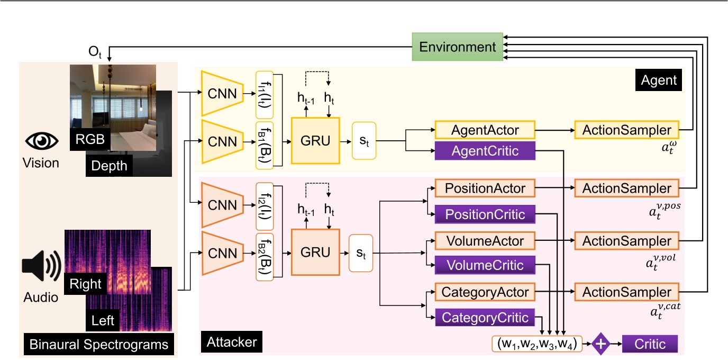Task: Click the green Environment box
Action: pos(458,47)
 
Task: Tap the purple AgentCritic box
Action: pos(485,151)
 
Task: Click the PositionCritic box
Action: pos(485,214)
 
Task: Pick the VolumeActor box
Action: pos(485,240)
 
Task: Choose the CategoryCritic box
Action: pos(485,317)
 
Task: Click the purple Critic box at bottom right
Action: pos(650,344)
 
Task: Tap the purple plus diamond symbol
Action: pos(600,344)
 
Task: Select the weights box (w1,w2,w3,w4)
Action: pos(536,344)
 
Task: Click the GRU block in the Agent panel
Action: pos(315,141)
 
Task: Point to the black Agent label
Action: pos(659,80)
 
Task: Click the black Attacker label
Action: pos(232,343)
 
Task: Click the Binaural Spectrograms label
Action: pos(99,345)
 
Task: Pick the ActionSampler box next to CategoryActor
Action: pos(626,292)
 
